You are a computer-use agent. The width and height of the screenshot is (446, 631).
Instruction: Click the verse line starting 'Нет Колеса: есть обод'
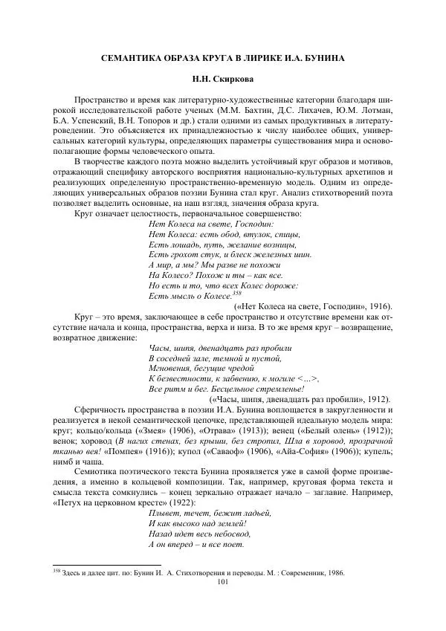click(x=213, y=234)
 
